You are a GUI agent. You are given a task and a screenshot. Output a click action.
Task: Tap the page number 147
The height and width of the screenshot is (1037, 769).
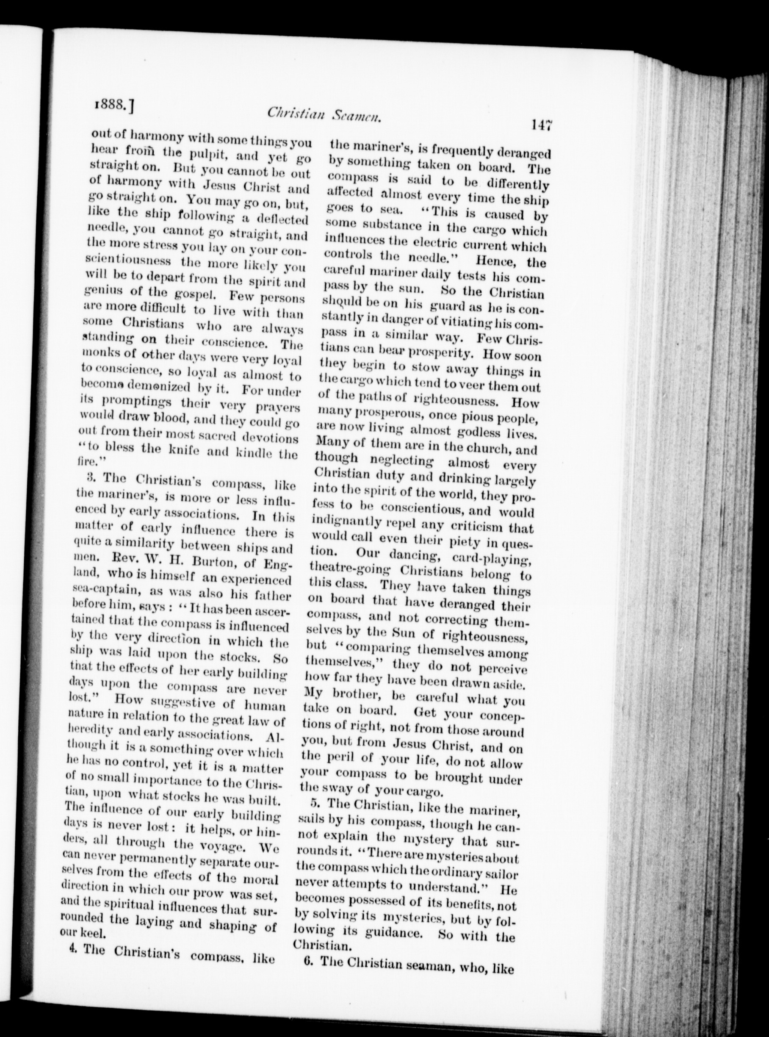pos(539,125)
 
